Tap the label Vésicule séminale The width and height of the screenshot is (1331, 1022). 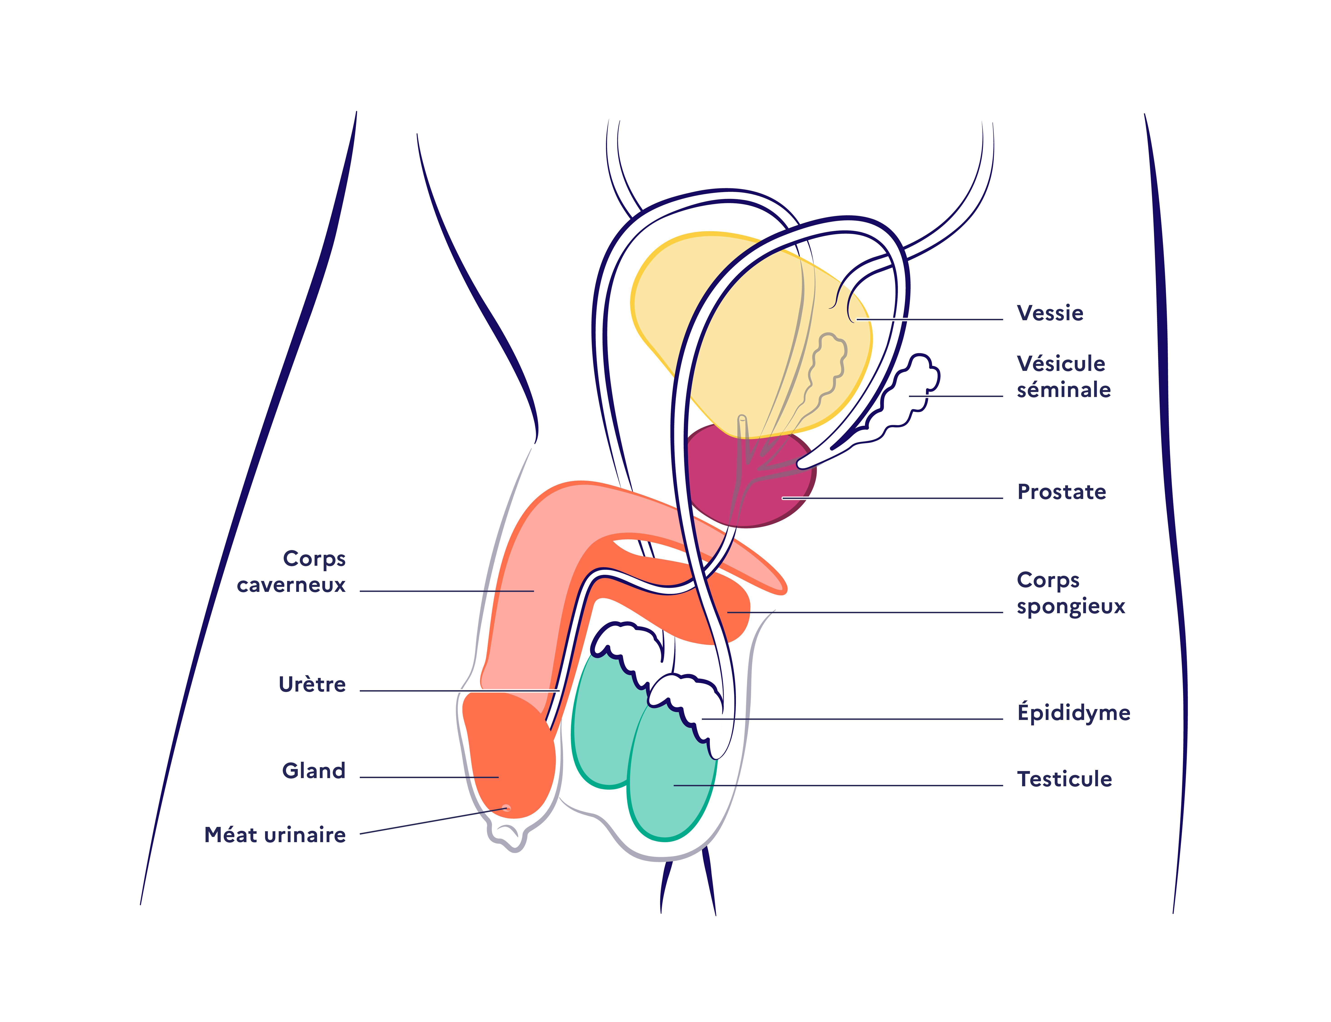pyautogui.click(x=1063, y=377)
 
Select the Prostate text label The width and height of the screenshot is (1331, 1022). pyautogui.click(x=1062, y=491)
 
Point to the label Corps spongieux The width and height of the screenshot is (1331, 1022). pyautogui.click(x=1071, y=593)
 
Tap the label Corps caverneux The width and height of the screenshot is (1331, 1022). pyautogui.click(x=292, y=572)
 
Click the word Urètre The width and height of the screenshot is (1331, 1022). pyautogui.click(x=312, y=684)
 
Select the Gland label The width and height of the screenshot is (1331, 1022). pyautogui.click(x=313, y=771)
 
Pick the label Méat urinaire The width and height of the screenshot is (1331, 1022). pyautogui.click(x=275, y=835)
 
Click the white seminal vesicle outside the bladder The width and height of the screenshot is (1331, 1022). pyautogui.click(x=912, y=389)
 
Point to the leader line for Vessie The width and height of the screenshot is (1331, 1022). pyautogui.click(x=931, y=319)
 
